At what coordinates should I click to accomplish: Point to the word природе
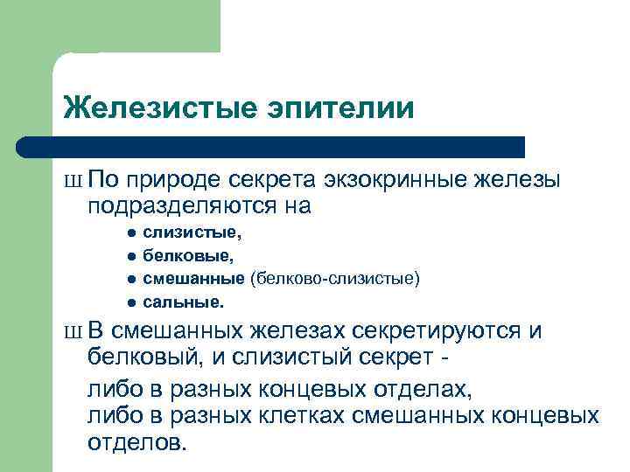pos(174,180)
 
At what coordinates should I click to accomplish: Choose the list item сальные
pos(184,302)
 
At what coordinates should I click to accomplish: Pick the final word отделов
pos(136,441)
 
